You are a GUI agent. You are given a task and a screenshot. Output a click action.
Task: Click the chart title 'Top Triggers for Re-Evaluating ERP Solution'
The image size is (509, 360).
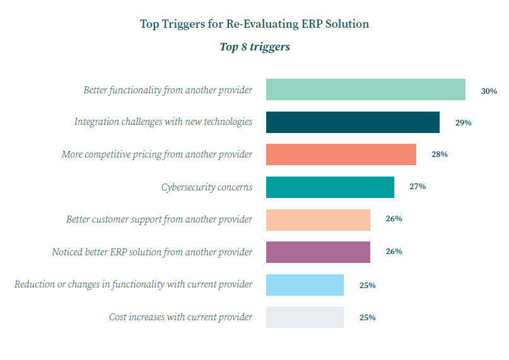click(254, 24)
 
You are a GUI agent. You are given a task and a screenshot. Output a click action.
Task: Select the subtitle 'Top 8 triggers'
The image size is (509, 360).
click(254, 47)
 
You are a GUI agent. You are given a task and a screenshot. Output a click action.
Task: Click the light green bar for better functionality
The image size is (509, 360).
click(365, 90)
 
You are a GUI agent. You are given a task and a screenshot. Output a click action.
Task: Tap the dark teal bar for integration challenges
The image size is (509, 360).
click(353, 122)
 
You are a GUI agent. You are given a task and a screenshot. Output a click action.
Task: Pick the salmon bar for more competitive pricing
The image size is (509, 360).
click(341, 154)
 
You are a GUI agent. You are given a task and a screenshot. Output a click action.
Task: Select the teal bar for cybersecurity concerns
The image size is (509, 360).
click(330, 187)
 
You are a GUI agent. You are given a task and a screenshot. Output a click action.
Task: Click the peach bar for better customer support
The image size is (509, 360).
click(318, 219)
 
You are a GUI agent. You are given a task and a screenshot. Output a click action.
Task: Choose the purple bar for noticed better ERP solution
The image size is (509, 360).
click(318, 252)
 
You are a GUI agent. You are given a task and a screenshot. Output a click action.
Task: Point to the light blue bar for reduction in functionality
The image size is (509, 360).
click(305, 285)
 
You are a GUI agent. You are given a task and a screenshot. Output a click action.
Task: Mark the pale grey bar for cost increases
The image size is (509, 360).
click(305, 317)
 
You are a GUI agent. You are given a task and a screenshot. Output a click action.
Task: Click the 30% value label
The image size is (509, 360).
click(489, 91)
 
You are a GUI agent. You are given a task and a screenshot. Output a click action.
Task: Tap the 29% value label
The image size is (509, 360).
click(463, 123)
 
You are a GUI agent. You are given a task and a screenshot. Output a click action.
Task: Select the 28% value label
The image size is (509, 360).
click(440, 154)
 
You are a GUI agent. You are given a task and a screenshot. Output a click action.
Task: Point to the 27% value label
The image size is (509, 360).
click(418, 187)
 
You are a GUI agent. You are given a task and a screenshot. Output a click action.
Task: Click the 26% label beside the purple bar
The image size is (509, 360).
click(394, 252)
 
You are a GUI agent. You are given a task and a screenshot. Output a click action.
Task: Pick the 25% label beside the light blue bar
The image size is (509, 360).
click(367, 285)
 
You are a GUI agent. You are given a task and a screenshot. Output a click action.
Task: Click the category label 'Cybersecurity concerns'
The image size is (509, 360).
click(207, 187)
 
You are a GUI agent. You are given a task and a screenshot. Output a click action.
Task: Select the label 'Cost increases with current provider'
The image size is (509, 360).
click(180, 317)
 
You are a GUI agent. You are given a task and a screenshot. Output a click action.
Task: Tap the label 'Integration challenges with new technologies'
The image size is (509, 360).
click(163, 122)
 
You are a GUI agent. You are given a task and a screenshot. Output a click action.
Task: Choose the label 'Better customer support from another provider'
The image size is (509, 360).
click(159, 219)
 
